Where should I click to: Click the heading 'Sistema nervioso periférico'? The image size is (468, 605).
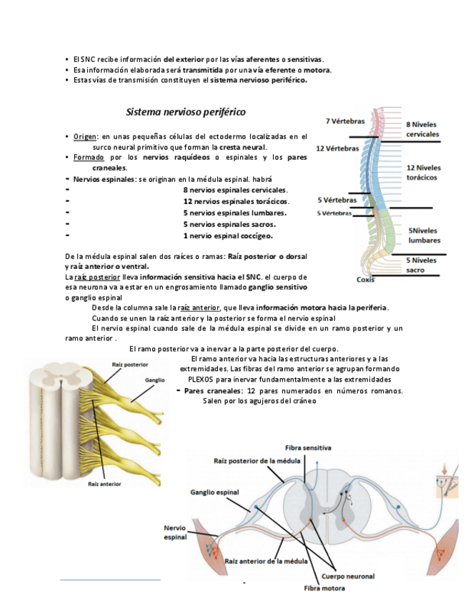(x=185, y=112)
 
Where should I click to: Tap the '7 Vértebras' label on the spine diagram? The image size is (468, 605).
(x=345, y=121)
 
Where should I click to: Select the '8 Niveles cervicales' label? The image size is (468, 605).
(x=422, y=129)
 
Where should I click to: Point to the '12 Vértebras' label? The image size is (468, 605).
(x=337, y=148)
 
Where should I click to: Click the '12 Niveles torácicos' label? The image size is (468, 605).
(x=424, y=172)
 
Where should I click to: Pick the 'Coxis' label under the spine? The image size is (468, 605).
(x=366, y=279)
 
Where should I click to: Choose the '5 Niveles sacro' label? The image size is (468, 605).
(x=422, y=265)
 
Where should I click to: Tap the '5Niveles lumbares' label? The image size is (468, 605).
(x=424, y=235)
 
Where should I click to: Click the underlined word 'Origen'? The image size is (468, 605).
(x=85, y=136)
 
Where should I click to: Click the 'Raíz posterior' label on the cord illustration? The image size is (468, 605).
(x=130, y=365)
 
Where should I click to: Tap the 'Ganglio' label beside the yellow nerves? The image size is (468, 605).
(x=155, y=380)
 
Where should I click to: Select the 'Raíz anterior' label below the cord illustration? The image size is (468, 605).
(x=104, y=483)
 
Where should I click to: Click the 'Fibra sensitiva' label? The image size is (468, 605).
(x=308, y=447)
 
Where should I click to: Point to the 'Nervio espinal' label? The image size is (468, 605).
(x=176, y=532)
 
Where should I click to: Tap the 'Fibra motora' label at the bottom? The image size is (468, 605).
(x=324, y=589)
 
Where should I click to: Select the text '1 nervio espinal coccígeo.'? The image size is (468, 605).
(x=227, y=235)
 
